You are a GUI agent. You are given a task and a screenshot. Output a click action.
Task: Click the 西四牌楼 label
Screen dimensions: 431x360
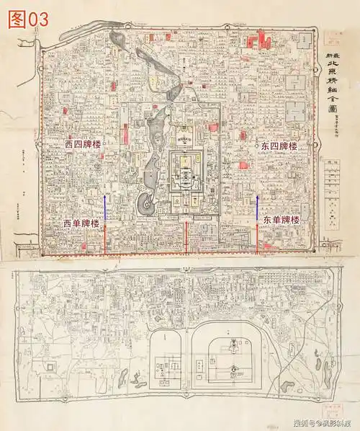tap(83, 145)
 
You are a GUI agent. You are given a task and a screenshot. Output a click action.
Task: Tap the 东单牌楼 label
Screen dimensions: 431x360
tap(280, 219)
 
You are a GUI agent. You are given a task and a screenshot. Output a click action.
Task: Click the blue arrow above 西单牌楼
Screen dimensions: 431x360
tap(105, 208)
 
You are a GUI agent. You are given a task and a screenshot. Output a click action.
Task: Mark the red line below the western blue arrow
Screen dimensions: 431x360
tap(105, 238)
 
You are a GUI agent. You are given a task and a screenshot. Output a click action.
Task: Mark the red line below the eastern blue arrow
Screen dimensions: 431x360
tap(258, 238)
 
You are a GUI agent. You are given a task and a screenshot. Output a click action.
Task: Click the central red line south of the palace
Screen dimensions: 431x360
tap(187, 238)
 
